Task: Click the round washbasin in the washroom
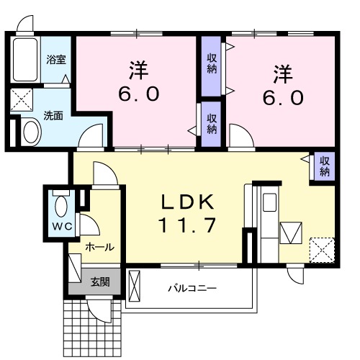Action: pos(31,132)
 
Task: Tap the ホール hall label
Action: pos(99,247)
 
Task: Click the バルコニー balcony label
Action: pos(192,289)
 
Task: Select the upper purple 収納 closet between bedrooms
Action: pos(212,64)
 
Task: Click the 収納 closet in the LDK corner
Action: pos(323,166)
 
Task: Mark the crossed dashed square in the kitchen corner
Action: pos(321,249)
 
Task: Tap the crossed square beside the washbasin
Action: pos(22,99)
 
